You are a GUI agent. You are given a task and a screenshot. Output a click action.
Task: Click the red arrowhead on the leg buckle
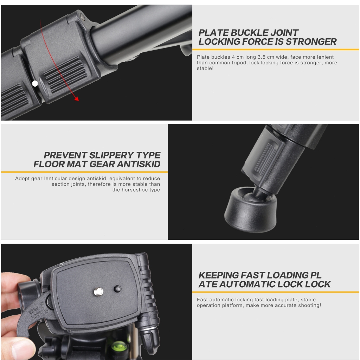click(77, 99)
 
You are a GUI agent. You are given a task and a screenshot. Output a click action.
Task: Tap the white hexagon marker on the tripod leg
click(35, 84)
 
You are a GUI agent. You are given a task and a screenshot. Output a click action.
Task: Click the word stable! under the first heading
click(205, 68)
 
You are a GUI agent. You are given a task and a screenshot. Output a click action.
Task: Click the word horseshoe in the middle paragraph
click(134, 189)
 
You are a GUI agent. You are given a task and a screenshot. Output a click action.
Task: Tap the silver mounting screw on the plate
click(98, 291)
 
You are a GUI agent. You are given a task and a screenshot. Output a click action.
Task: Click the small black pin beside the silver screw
click(118, 289)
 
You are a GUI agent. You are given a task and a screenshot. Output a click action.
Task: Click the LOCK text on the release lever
click(36, 315)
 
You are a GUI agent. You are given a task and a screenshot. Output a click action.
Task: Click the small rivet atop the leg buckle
click(82, 17)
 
